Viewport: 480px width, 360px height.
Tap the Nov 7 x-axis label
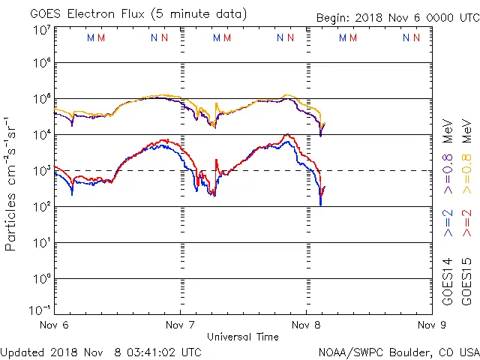(180, 325)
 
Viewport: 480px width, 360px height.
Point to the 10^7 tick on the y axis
(40, 30)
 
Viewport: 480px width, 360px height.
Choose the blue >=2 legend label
(448, 223)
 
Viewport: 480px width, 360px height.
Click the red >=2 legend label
(468, 223)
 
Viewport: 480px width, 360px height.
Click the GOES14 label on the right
(448, 282)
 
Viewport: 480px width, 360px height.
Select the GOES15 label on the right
(468, 282)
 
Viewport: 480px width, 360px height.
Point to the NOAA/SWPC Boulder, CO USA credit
(398, 352)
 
